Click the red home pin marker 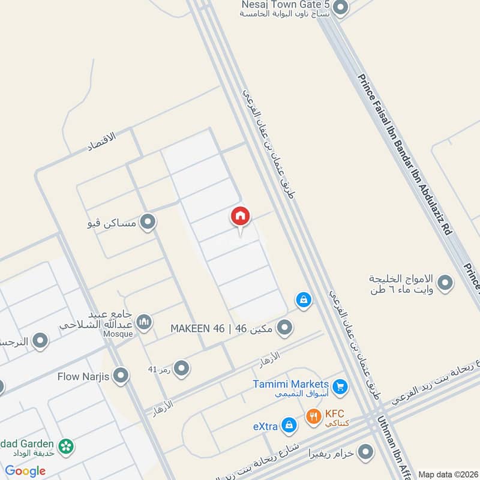pyautogui.click(x=241, y=217)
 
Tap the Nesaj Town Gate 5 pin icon pyautogui.click(x=340, y=8)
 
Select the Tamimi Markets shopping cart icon pyautogui.click(x=340, y=387)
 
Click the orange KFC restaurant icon pyautogui.click(x=313, y=416)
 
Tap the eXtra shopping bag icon pyautogui.click(x=289, y=425)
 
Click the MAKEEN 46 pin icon pyautogui.click(x=285, y=328)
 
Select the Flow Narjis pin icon pyautogui.click(x=121, y=377)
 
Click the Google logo pyautogui.click(x=25, y=471)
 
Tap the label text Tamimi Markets pyautogui.click(x=290, y=384)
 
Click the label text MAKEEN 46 pyautogui.click(x=197, y=329)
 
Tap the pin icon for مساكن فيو pyautogui.click(x=148, y=223)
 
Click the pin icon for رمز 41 pyautogui.click(x=181, y=368)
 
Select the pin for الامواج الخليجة pyautogui.click(x=445, y=283)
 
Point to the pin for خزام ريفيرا pyautogui.click(x=364, y=452)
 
